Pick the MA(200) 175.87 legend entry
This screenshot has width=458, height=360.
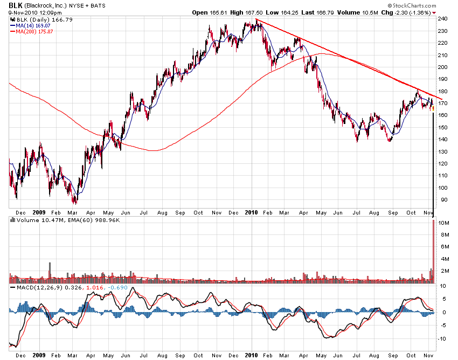34,31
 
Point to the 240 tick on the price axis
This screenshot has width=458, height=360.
442,19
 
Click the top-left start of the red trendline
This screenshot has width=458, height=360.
256,20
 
